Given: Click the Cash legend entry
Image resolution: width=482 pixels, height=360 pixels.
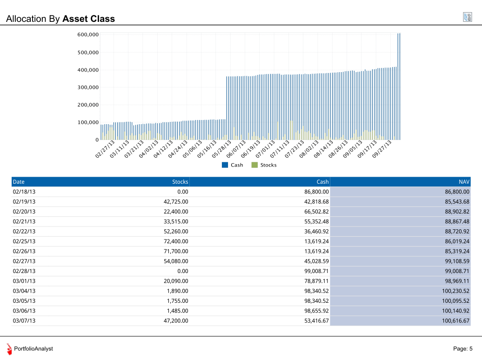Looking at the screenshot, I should [233, 165].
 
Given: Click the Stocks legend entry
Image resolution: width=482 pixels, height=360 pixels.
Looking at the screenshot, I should [264, 165].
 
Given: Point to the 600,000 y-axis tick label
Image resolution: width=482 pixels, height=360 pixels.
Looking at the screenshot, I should [88, 35].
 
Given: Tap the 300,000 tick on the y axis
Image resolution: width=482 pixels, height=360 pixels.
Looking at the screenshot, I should [88, 87].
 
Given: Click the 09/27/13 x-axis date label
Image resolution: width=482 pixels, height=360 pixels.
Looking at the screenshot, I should [383, 149].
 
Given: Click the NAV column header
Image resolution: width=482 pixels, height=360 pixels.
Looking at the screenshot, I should [464, 182].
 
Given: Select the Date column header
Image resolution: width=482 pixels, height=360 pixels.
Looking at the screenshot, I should [19, 182].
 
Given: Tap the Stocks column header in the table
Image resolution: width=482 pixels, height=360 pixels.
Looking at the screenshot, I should [180, 182].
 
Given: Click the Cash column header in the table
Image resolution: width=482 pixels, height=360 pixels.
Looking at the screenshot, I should [322, 182].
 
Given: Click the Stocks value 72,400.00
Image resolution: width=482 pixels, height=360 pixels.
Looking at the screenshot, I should [175, 241].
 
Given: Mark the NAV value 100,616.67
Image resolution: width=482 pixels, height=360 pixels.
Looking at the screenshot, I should [455, 321].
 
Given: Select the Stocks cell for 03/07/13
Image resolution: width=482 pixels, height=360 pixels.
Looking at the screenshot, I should [175, 321].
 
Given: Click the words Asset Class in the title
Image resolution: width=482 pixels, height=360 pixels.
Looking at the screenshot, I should [88, 19].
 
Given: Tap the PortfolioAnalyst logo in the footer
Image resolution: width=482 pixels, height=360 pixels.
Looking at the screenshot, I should [10, 349].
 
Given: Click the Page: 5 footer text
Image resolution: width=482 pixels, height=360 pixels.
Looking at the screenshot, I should [462, 349].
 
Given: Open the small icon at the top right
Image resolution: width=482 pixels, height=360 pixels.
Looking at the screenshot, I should [468, 17].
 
